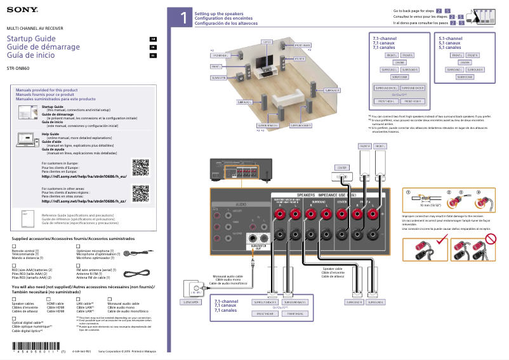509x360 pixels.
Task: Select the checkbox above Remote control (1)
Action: (x=15, y=246)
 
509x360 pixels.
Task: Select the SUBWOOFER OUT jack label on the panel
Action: (x=258, y=246)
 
